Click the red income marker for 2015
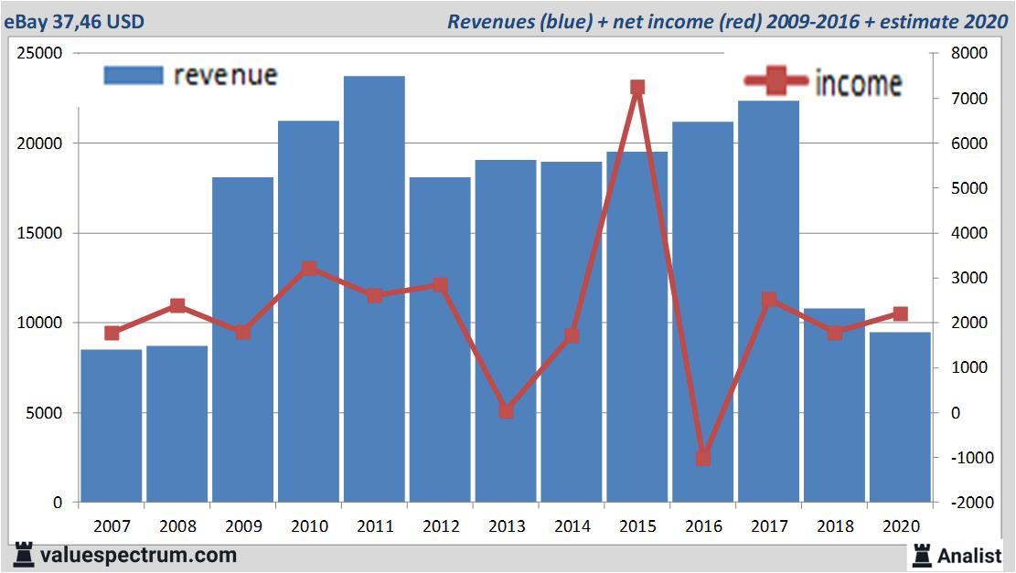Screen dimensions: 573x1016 pyautogui.click(x=637, y=88)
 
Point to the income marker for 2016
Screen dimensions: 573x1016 pyautogui.click(x=703, y=458)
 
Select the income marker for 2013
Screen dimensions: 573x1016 pyautogui.click(x=506, y=411)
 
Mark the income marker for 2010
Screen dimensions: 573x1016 pyautogui.click(x=309, y=269)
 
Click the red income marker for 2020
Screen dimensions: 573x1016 pyautogui.click(x=900, y=313)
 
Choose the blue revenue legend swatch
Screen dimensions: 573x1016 pyautogui.click(x=134, y=75)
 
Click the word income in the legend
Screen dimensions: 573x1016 pyautogui.click(x=858, y=83)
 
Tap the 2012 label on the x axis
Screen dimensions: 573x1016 pyautogui.click(x=441, y=526)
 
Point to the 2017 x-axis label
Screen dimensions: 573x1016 pyautogui.click(x=769, y=526)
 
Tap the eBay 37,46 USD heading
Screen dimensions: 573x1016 pyautogui.click(x=74, y=21)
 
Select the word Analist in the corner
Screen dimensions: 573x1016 pyautogui.click(x=969, y=555)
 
